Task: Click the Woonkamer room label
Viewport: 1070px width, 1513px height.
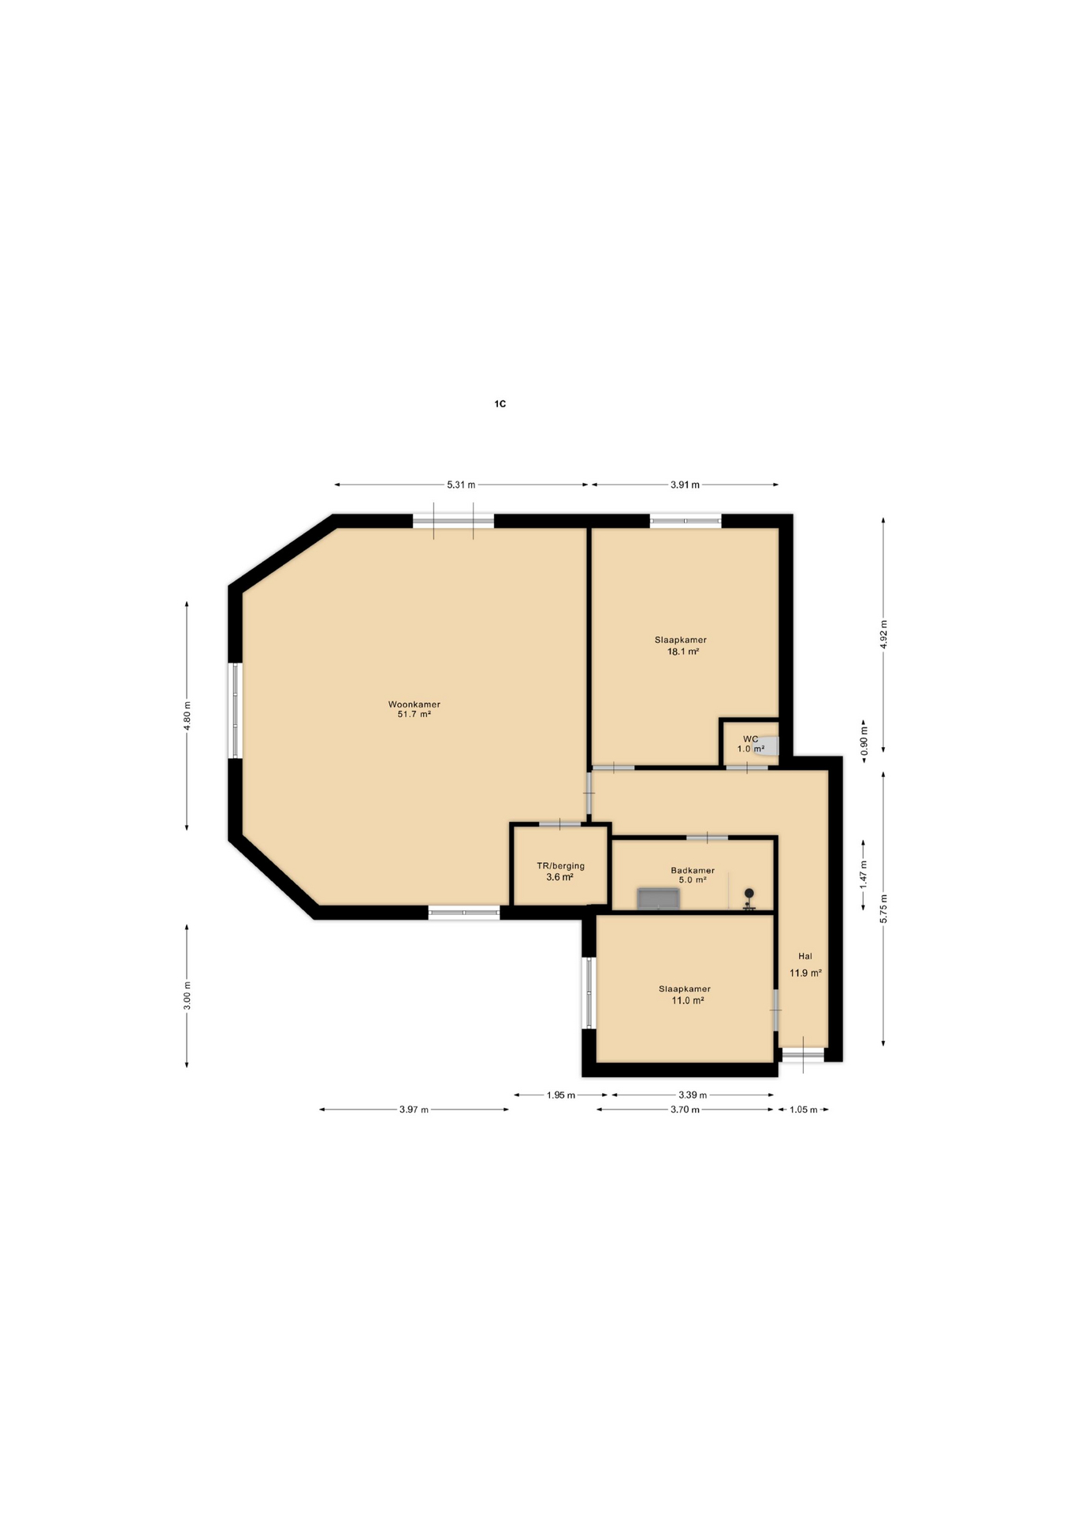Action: coord(414,704)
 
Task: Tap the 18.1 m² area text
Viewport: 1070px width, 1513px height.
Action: coord(683,652)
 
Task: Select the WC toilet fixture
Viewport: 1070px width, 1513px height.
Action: coord(766,745)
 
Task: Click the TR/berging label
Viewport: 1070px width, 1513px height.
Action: coord(560,865)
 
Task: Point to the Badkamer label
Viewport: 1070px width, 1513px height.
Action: coord(693,870)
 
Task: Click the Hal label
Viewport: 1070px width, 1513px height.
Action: coord(804,956)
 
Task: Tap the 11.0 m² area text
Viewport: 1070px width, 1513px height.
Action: coord(687,1000)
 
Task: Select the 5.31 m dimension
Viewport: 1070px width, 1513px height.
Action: coord(461,485)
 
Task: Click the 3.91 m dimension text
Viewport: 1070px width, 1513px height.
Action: coord(685,485)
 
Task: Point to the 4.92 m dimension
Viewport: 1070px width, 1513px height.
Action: coord(883,634)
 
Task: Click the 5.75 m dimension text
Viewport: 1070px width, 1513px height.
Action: coord(883,909)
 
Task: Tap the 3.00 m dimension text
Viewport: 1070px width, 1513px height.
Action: coord(187,995)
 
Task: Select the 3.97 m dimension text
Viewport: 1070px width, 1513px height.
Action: coord(414,1110)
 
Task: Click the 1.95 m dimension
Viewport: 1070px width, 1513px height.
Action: coord(561,1095)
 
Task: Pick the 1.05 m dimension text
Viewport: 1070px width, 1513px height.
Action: coord(803,1110)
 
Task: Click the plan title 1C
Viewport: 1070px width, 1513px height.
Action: coord(500,403)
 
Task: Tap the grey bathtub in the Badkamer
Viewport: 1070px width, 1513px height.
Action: coord(658,898)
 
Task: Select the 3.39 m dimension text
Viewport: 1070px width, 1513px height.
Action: coord(693,1095)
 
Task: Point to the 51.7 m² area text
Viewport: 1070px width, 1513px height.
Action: coord(414,714)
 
